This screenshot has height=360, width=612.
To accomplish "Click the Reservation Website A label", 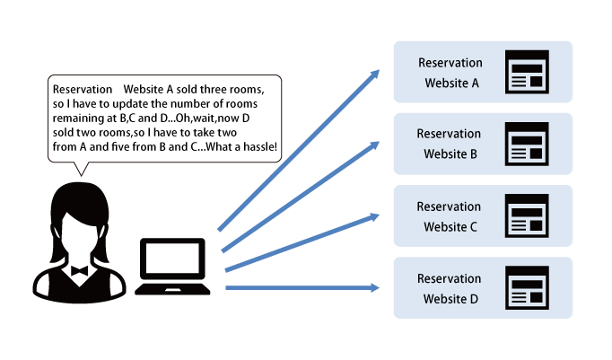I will pos(450,73).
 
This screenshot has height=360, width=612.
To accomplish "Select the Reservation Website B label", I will pos(450,144).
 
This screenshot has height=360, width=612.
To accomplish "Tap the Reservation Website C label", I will pos(450,216).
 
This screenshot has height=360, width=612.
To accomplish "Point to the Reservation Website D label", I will pos(450,288).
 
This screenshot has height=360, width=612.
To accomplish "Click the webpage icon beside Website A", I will pos(528,72).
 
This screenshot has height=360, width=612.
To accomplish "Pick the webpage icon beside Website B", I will pos(528,144).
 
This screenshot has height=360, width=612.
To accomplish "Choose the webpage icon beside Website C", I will pos(528,215).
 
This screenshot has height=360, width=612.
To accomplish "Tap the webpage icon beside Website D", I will pos(528,288).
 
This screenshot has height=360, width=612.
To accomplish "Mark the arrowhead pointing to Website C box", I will pos(375,216).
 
